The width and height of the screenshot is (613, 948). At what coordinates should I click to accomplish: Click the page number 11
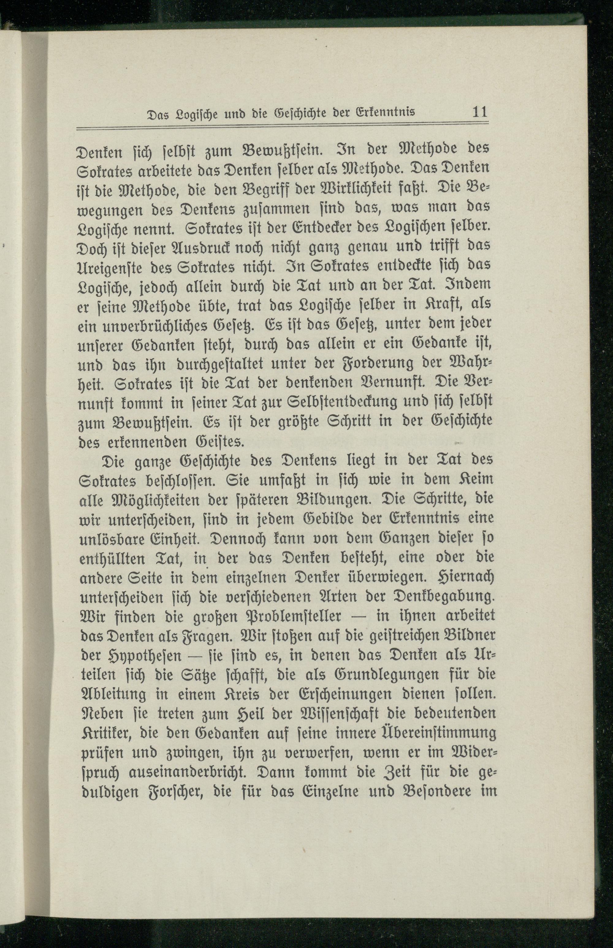pos(479,112)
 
